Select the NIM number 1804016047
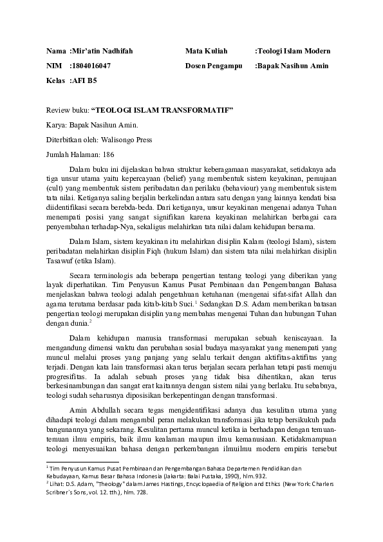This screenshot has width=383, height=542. point(92,66)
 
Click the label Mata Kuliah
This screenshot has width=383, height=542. point(207,51)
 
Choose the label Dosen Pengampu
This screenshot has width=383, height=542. point(214,66)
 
